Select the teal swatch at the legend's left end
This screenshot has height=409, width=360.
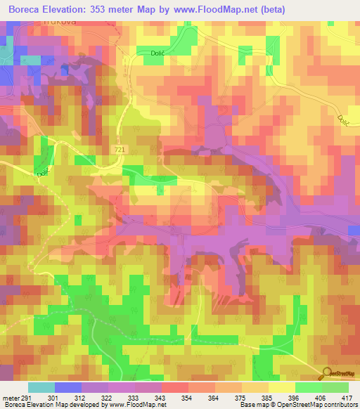(x=41, y=387)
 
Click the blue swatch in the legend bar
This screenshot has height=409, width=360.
(x=67, y=387)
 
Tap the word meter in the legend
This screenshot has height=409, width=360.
(x=10, y=397)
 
